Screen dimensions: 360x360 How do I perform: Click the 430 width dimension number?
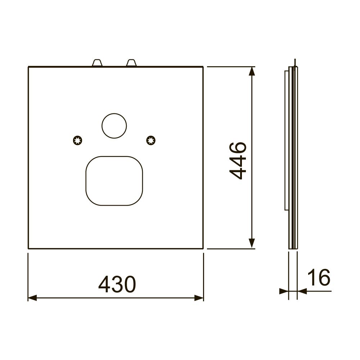(117, 284)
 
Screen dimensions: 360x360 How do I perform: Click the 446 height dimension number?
(238, 161)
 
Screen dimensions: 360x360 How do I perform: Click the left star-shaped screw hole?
(78, 140)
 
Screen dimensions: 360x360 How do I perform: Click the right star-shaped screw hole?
(151, 140)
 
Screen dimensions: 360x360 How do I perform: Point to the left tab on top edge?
(97, 63)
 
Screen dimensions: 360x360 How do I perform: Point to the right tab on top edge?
(131, 63)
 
